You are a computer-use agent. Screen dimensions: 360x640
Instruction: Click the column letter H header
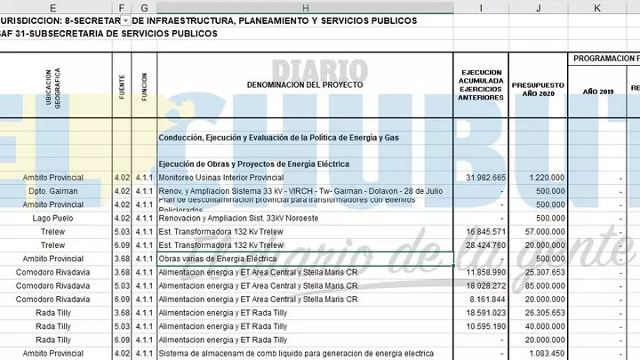pyautogui.click(x=305, y=7)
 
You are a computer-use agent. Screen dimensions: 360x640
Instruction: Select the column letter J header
pyautogui.click(x=537, y=7)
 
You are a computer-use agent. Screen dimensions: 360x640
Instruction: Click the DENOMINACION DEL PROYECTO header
pyautogui.click(x=305, y=84)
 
